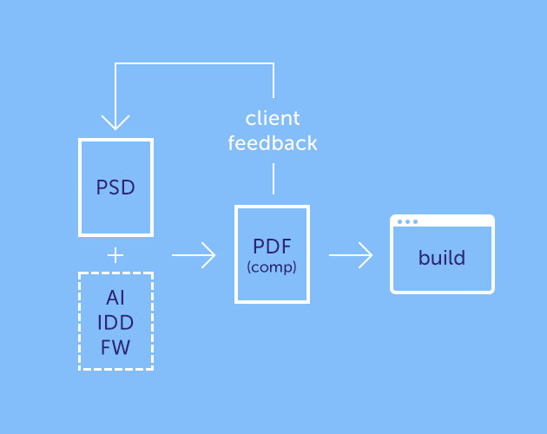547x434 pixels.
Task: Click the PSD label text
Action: [x=115, y=187]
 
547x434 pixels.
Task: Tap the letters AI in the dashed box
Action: [x=115, y=298]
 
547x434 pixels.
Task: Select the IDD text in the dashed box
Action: [x=115, y=322]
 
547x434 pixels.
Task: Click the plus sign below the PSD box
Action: [x=115, y=255]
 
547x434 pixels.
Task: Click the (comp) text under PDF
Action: [x=272, y=268]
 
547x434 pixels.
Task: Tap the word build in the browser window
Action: [x=442, y=258]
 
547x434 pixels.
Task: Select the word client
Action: [x=273, y=118]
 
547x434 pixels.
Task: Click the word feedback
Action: [x=273, y=142]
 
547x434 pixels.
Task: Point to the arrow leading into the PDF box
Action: [x=194, y=255]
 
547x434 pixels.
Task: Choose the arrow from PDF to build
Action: [x=351, y=255]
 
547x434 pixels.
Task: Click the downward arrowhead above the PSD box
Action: [x=115, y=122]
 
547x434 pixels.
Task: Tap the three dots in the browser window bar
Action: [x=407, y=221]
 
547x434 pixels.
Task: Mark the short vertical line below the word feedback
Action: [x=273, y=181]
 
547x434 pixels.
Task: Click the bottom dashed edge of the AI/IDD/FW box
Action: [x=115, y=369]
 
